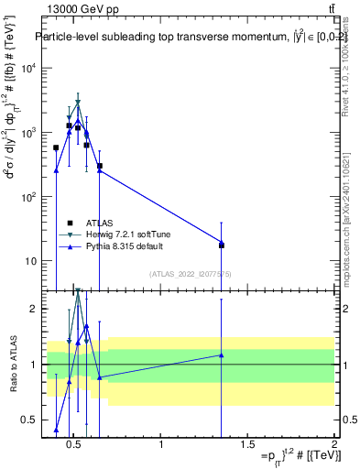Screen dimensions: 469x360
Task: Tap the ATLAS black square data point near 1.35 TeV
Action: (x=222, y=245)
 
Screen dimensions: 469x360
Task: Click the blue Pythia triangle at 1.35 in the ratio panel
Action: (x=222, y=354)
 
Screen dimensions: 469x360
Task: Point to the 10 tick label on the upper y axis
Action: (x=29, y=261)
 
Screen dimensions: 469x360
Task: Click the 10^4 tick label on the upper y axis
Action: (x=27, y=69)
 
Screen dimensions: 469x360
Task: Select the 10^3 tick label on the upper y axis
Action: (x=27, y=133)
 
